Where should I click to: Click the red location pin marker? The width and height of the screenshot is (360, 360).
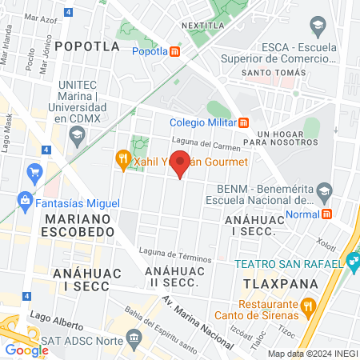181,164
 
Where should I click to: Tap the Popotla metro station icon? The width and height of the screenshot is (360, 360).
175,52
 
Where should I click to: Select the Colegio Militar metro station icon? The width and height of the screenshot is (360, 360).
244,122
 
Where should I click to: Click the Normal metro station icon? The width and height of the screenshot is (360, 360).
326,214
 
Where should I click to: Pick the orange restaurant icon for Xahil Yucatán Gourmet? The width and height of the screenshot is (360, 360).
122,159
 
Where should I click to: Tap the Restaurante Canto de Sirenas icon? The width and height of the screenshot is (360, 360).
308,305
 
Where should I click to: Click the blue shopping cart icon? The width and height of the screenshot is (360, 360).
34,172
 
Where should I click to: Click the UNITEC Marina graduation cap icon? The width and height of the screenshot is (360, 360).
76,137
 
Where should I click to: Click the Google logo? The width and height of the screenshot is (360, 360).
26,350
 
